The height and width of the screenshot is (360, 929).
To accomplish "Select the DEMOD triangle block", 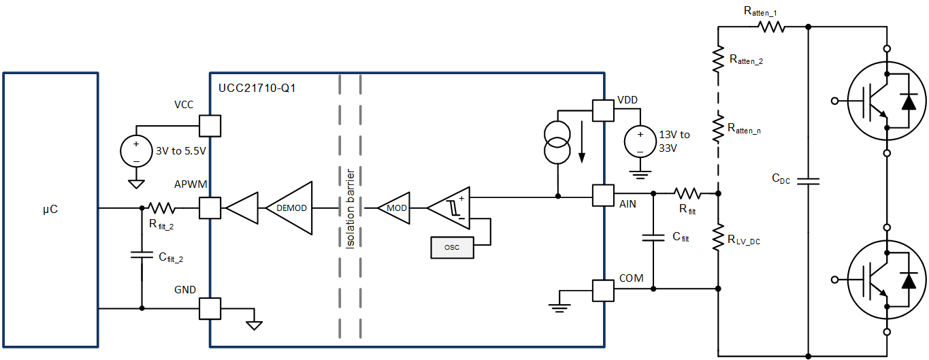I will tap(291, 207).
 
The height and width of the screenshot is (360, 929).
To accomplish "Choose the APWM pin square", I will tap(210, 208).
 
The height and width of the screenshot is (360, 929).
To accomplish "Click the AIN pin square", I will tap(603, 195).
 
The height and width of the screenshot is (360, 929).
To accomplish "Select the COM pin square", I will tap(603, 291).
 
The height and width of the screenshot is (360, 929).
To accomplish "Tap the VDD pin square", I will tap(603, 110).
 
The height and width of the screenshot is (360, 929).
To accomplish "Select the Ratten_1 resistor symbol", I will tap(772, 27).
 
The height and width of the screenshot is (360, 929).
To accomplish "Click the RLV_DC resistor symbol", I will tap(719, 239).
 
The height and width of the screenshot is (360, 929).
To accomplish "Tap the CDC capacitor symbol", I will tap(808, 181).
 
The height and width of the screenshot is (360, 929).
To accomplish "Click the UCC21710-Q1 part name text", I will tap(257, 88).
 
